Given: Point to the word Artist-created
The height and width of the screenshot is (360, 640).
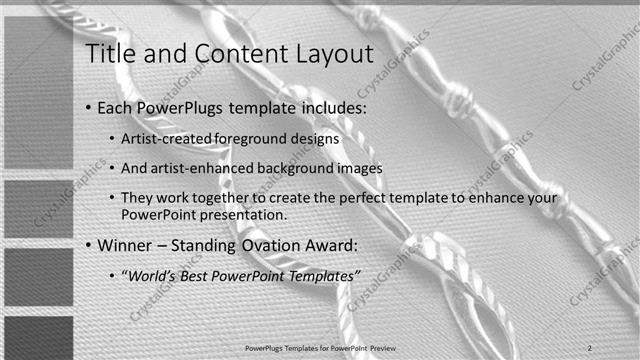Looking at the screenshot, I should (x=163, y=139).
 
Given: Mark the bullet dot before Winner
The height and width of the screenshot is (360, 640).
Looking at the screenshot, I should (x=88, y=245).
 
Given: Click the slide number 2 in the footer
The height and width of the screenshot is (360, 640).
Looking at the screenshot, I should (x=591, y=346).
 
